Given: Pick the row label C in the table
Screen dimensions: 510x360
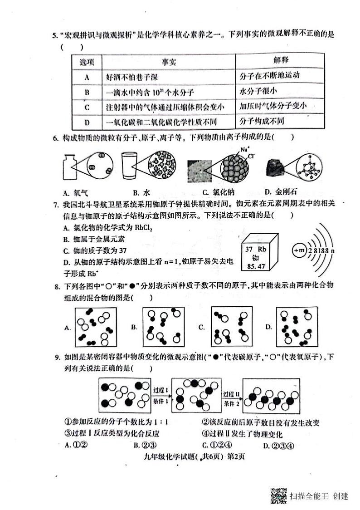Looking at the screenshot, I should point(87,107).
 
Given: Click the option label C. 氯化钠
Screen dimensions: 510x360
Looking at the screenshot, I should point(219,191).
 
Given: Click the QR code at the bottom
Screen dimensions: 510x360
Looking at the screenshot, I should point(278,495).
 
